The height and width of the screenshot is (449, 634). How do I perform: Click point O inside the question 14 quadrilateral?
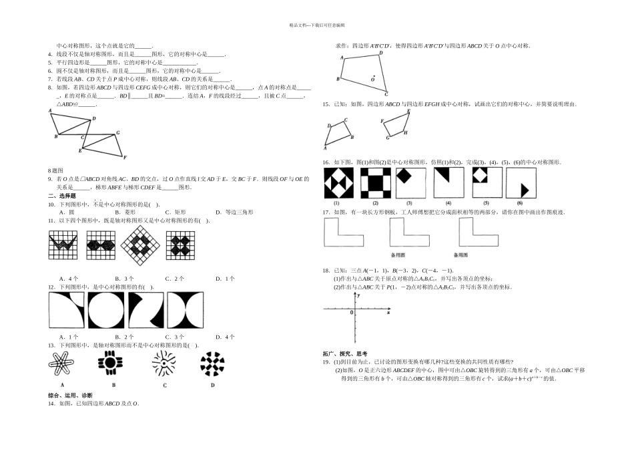coord(372,78)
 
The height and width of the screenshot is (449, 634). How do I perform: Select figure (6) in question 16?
coord(521,183)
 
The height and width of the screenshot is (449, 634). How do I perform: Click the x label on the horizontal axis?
coord(388,313)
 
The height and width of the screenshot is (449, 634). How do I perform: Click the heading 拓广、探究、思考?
coord(344,353)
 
